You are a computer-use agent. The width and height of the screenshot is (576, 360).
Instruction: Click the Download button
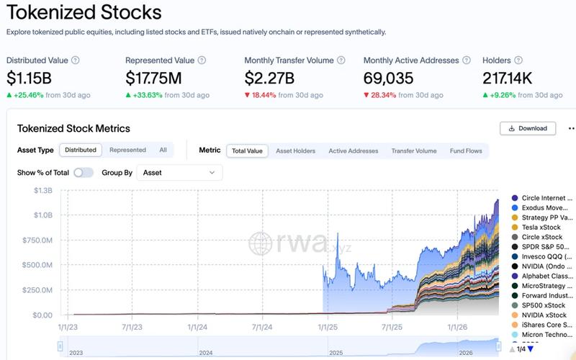coord(528,128)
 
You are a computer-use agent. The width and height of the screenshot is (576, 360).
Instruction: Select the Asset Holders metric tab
coord(295,150)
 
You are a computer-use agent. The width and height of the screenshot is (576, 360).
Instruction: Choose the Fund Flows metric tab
coord(465,150)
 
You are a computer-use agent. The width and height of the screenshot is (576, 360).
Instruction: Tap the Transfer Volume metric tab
coord(413,150)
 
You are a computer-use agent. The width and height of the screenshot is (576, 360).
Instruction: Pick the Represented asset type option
coord(127,150)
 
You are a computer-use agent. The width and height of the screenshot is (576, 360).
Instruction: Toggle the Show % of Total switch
coord(84,172)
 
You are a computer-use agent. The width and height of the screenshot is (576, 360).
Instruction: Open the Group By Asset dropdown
coord(179,172)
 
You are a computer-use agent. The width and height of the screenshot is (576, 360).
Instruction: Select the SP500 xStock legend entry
coord(544,305)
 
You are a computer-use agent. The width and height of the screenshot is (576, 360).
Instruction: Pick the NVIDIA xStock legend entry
coord(544,315)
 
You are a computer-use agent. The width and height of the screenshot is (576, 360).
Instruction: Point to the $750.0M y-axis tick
coord(37,240)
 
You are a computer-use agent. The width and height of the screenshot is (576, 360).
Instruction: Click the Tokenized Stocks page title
coord(84,13)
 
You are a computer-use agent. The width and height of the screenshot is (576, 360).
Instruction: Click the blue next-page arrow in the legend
coord(531,349)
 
